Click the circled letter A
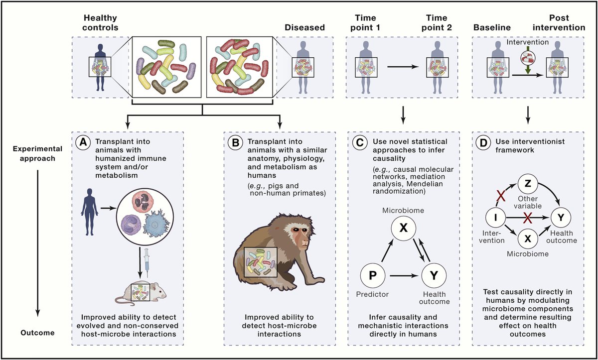[83, 142]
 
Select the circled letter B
[235, 142]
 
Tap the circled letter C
[360, 142]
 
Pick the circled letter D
[483, 142]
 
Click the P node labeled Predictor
[373, 275]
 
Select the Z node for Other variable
[528, 184]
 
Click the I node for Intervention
[495, 218]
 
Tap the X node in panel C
[403, 228]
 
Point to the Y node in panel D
[561, 218]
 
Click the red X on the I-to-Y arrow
[528, 218]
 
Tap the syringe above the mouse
[147, 263]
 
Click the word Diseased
[304, 27]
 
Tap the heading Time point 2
[437, 23]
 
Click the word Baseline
[492, 27]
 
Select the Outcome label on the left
[37, 333]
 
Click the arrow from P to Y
[403, 276]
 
